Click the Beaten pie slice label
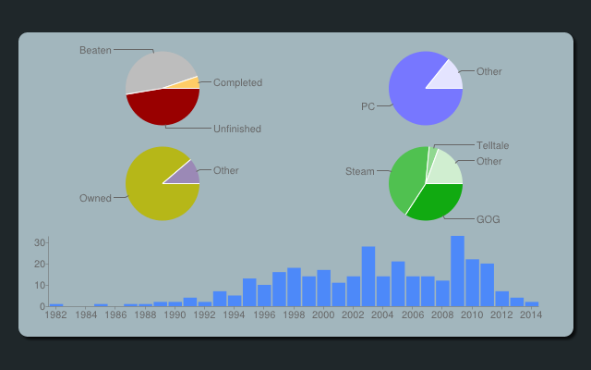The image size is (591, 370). [x=95, y=50]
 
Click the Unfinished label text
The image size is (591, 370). [x=237, y=129]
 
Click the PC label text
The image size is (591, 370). [x=368, y=106]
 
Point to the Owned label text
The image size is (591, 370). [x=95, y=198]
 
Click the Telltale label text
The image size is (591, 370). [x=492, y=145]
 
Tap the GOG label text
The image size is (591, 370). [x=488, y=219]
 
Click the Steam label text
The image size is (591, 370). [x=360, y=171]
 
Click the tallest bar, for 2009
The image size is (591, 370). [x=457, y=271]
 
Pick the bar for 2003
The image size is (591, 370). [x=368, y=277]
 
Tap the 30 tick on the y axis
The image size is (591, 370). [x=40, y=242]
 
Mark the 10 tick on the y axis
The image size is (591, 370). [x=40, y=285]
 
